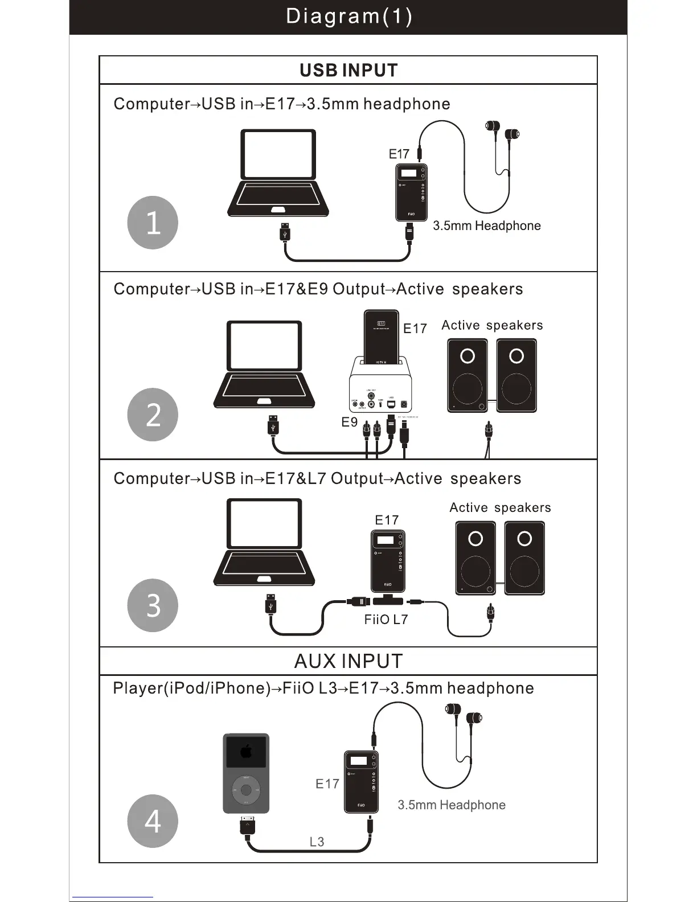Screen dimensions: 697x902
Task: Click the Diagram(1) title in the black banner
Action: point(348,16)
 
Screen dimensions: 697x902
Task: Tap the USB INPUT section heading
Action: point(348,70)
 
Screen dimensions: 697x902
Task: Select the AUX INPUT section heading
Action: point(348,661)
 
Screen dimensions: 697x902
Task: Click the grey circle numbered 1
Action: point(153,223)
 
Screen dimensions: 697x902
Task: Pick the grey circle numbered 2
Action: point(153,415)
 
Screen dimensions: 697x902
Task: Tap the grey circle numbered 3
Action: point(153,605)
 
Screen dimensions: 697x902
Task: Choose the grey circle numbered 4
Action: point(153,821)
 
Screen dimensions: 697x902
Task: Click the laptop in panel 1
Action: point(278,172)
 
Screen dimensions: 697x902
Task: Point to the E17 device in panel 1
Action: point(411,193)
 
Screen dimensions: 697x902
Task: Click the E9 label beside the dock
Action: point(349,422)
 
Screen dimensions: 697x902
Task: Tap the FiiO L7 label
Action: point(386,620)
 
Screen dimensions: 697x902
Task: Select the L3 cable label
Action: point(317,842)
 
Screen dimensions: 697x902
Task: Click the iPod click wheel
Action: point(246,790)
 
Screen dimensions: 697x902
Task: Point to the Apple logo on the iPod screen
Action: point(246,752)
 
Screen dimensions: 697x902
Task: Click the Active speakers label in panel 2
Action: point(492,325)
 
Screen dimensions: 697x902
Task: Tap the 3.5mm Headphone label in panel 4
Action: point(451,805)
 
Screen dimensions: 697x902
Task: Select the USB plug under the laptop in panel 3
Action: point(271,605)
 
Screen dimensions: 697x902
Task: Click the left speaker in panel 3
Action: point(475,559)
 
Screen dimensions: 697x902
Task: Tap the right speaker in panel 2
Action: point(516,376)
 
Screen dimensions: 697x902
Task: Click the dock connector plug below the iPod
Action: point(247,825)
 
